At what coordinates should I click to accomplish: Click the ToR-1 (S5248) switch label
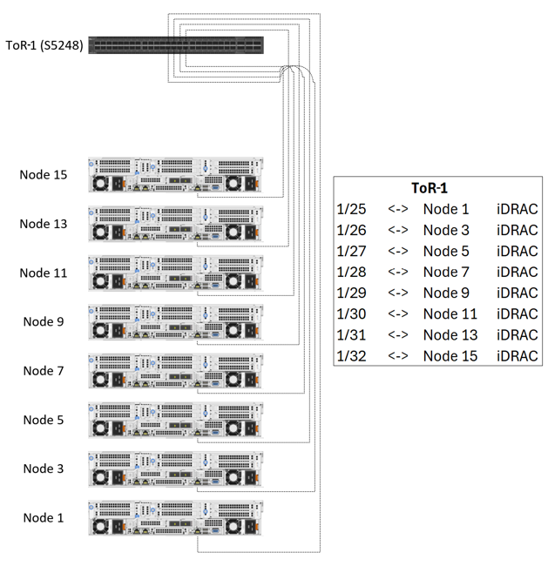click(x=44, y=45)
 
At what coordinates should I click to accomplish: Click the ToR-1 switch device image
click(x=176, y=45)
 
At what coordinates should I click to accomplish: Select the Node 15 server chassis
click(x=176, y=175)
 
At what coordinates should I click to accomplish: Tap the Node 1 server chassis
click(x=176, y=518)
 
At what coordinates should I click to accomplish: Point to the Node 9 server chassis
click(x=176, y=322)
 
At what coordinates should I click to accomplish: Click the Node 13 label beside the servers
click(x=44, y=224)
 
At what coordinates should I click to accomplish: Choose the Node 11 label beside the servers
click(x=44, y=273)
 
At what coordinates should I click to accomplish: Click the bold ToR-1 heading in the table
click(x=430, y=188)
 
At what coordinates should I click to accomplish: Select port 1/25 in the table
click(x=353, y=209)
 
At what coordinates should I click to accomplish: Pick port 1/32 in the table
click(x=353, y=355)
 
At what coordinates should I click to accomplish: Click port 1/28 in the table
click(x=353, y=272)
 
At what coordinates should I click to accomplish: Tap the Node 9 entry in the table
click(x=446, y=293)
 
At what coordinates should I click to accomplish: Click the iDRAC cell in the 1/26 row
click(x=517, y=230)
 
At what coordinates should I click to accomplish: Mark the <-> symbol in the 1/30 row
click(x=398, y=313)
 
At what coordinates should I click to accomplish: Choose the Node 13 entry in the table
click(x=450, y=334)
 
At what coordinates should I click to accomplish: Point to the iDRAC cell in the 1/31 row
click(x=517, y=334)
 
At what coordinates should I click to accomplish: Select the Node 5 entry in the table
click(x=446, y=251)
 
